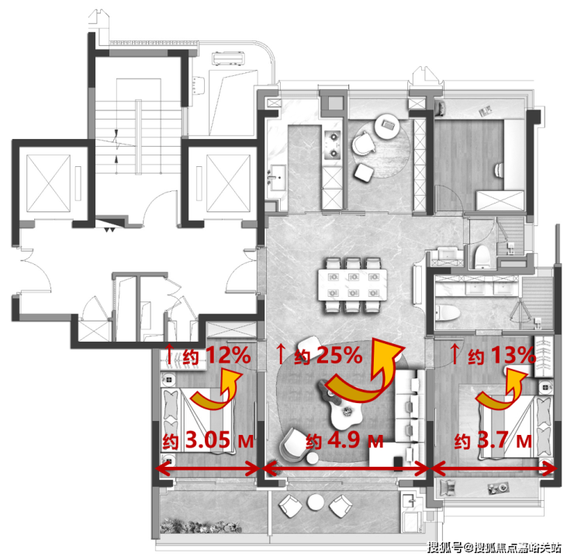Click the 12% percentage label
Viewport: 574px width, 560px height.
click(x=228, y=355)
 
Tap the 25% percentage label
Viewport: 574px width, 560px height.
click(x=339, y=355)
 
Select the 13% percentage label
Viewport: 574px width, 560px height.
click(x=513, y=355)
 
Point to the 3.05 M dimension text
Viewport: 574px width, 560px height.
click(x=208, y=440)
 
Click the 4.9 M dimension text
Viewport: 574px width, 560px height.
click(x=344, y=440)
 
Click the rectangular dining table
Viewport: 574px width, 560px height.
click(x=352, y=285)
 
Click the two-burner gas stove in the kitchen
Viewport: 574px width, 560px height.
click(x=333, y=145)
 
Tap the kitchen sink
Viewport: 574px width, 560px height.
click(x=278, y=178)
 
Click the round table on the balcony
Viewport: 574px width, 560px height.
click(x=316, y=503)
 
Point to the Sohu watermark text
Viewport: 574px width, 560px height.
click(x=495, y=548)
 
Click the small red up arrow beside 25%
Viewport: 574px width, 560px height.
click(x=281, y=353)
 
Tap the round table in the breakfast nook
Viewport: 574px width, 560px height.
click(x=387, y=126)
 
